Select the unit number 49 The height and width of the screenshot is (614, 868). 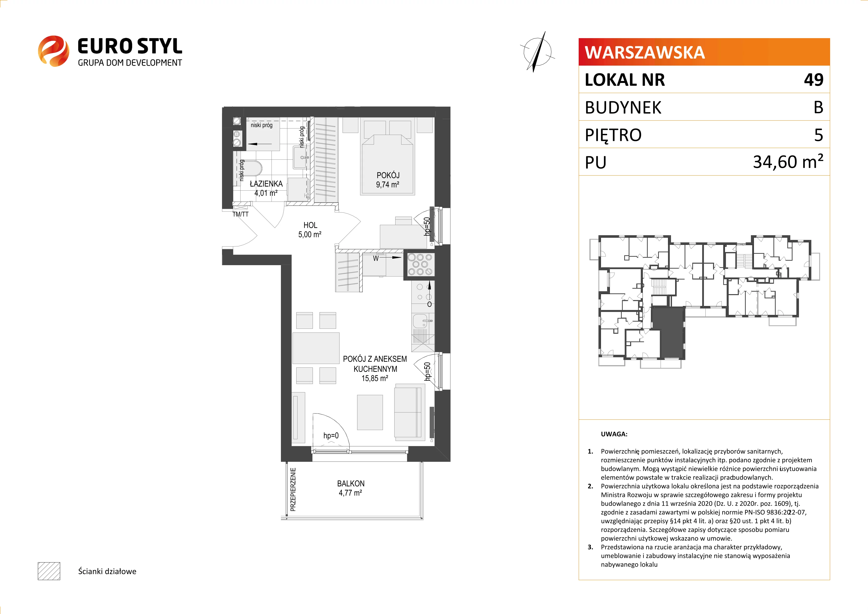pos(814,80)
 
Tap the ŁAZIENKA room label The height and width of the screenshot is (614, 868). pos(266,184)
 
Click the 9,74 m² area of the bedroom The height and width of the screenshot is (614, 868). pos(388,185)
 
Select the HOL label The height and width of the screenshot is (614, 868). pos(310,225)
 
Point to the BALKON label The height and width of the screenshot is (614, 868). pos(351,484)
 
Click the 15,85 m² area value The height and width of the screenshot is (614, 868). pos(375,379)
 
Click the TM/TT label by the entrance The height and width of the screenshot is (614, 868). pos(240,214)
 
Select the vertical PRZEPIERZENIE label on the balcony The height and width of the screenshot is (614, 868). pos(293,490)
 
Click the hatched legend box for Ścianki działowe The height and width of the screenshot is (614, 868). pos(49,571)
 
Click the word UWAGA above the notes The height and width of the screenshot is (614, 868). pos(614,434)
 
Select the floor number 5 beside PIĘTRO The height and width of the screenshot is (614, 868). pos(819,135)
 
